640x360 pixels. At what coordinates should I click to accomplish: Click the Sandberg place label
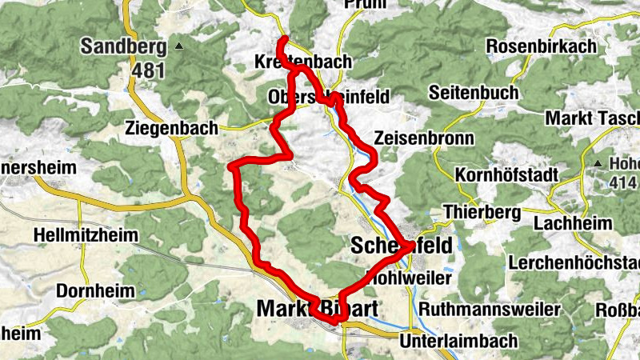point(123,46)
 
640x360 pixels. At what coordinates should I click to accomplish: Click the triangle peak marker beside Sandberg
point(180,46)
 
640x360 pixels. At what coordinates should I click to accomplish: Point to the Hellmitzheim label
point(86,237)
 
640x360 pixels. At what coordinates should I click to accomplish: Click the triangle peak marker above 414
point(598,164)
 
